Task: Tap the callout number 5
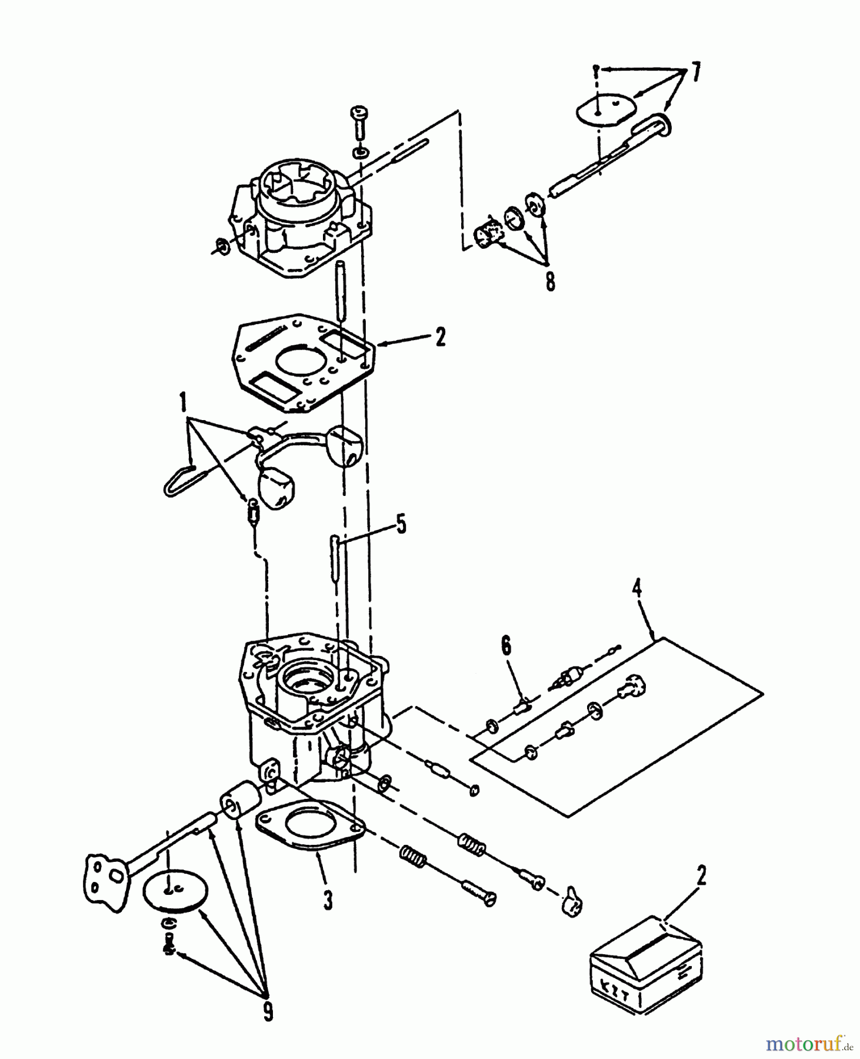pos(401,524)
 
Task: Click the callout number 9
pos(268,1011)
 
